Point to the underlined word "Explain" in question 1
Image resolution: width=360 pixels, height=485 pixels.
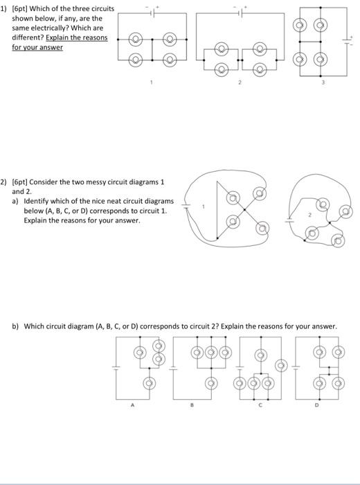point(58,37)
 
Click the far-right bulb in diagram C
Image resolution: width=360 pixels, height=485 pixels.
point(280,365)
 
